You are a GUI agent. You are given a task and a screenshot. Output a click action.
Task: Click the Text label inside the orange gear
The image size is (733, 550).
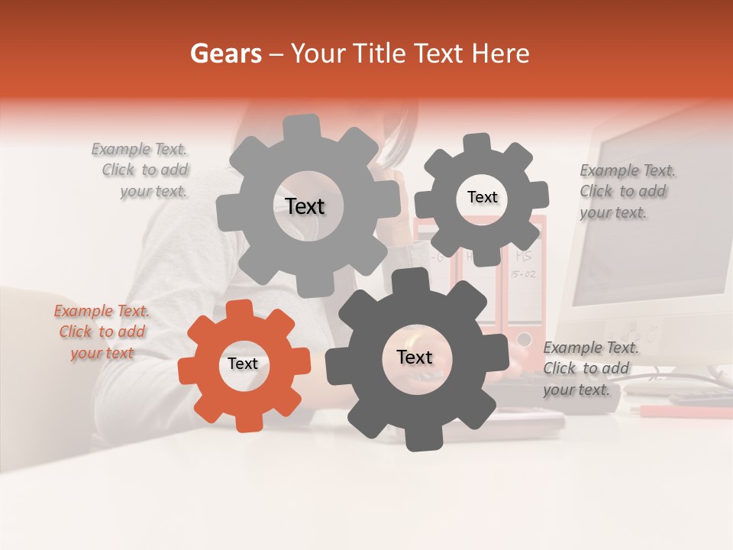(243, 364)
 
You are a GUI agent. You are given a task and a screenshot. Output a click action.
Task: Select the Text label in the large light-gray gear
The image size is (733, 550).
(305, 206)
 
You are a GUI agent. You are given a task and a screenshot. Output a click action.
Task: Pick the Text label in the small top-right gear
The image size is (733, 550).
(482, 197)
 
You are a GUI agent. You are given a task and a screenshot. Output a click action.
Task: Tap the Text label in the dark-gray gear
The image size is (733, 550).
(415, 357)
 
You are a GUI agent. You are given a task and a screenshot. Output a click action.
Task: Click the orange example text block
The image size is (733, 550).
(102, 332)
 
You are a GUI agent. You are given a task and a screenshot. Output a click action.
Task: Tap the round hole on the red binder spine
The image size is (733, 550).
(524, 338)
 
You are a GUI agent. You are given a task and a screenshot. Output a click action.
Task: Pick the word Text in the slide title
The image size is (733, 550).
(440, 53)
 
